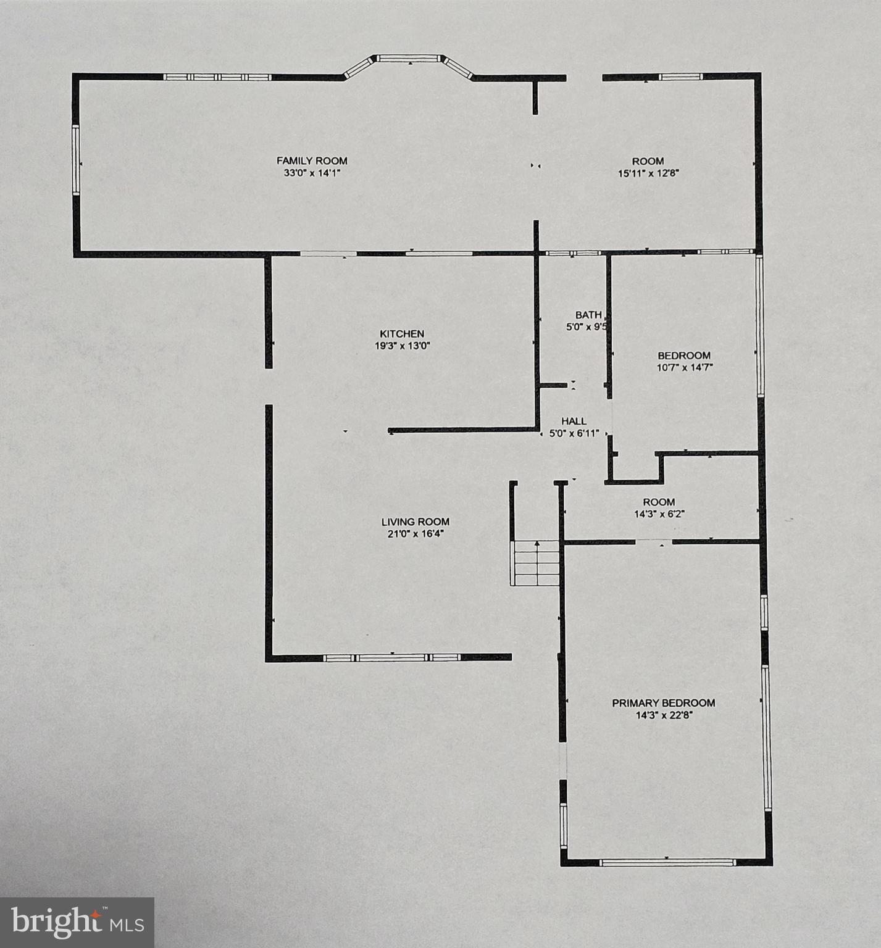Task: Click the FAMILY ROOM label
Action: (312, 161)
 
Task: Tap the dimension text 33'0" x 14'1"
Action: (312, 173)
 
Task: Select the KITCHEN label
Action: (402, 334)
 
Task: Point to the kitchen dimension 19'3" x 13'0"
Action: (402, 346)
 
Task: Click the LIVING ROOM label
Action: (415, 522)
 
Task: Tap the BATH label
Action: (588, 315)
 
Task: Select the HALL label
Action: (574, 422)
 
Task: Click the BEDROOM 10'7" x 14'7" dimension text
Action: (683, 368)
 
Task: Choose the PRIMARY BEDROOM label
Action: (663, 703)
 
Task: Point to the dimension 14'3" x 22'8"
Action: (663, 716)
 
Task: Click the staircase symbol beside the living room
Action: (535, 563)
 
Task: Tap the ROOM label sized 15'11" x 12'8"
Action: (648, 161)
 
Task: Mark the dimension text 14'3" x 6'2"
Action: (659, 514)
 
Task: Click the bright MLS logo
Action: (77, 923)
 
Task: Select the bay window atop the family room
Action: (408, 59)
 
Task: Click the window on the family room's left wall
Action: (76, 160)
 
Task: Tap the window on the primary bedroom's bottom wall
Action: (667, 862)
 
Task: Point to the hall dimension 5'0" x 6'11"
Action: (574, 434)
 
